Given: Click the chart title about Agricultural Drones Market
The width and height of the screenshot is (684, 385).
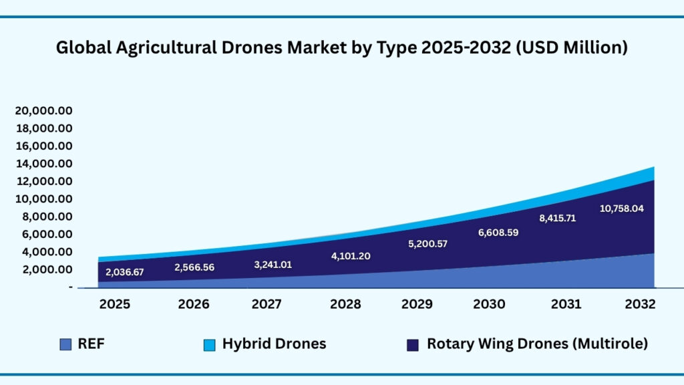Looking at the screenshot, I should point(341,48).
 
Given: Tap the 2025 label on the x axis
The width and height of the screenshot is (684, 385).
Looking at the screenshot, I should point(116,304).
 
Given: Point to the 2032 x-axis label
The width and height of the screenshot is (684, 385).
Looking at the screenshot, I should point(641,304).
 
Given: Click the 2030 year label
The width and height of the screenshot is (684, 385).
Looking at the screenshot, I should point(489,304).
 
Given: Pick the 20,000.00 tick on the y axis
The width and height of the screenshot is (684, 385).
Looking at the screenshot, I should point(44,110).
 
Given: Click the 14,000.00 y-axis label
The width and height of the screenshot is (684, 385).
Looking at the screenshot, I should point(44,164).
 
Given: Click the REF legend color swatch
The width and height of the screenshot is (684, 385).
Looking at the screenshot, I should point(65,344).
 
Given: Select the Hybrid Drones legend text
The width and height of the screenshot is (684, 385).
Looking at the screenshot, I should point(274,344).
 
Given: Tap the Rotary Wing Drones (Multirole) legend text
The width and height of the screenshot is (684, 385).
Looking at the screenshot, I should point(537,344).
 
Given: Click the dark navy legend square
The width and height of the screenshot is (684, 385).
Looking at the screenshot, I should point(413,345).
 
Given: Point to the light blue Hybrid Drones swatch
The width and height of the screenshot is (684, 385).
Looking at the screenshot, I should point(209,345).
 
